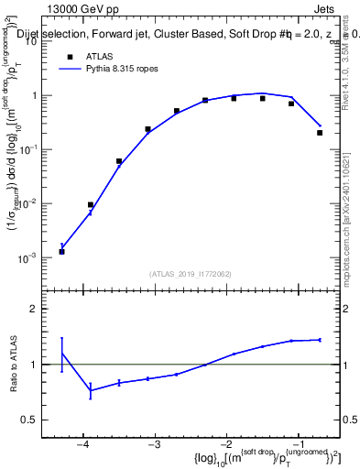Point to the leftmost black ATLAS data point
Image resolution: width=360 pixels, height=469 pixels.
[x=61, y=251]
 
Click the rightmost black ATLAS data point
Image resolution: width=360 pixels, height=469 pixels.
[x=320, y=133]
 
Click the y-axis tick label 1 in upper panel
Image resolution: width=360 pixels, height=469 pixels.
[x=34, y=95]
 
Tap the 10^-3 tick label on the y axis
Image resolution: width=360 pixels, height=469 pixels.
[x=27, y=259]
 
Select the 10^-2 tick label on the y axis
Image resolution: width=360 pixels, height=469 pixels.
[x=27, y=204]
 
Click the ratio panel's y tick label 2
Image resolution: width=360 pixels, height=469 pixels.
[x=34, y=309]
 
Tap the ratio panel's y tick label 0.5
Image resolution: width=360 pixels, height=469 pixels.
[x=29, y=420]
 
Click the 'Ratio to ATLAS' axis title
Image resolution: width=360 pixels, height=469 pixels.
[x=13, y=365]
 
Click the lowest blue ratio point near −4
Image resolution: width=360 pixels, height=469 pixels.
[x=90, y=391]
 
